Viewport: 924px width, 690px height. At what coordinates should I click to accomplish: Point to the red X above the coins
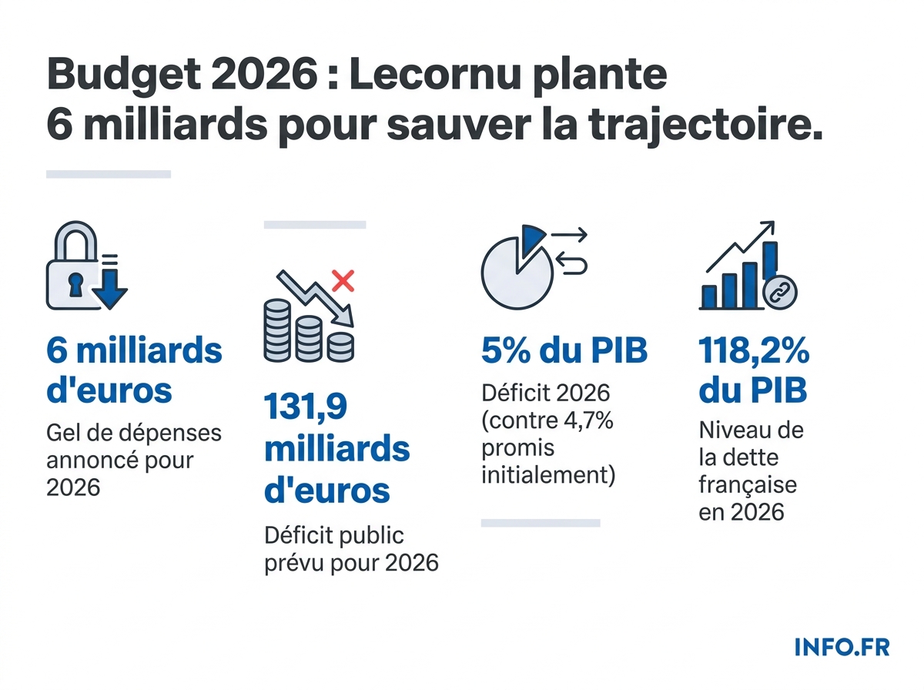pyautogui.click(x=342, y=280)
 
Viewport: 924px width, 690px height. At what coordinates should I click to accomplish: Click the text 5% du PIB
pyautogui.click(x=564, y=351)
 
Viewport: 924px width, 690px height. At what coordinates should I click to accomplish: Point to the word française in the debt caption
pyautogui.click(x=747, y=485)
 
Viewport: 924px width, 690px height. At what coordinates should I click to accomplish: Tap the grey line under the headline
pyautogui.click(x=108, y=175)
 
